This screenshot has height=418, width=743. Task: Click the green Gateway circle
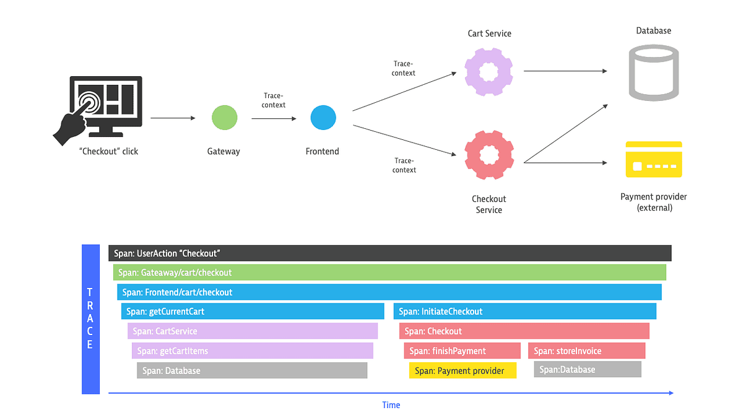point(224,118)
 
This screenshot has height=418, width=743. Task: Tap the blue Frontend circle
point(323,118)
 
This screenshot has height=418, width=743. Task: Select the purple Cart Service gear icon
point(489,71)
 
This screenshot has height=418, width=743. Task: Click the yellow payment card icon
point(654,159)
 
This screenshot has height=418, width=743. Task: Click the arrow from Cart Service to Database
point(565,71)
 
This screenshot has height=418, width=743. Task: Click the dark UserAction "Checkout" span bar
point(390,253)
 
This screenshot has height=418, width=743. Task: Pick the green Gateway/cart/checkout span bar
point(389,272)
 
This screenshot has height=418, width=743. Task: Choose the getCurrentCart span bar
point(253,311)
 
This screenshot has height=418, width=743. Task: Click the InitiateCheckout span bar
point(525,311)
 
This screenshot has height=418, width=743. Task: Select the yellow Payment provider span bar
point(463,371)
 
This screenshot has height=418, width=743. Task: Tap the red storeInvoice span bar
point(586,351)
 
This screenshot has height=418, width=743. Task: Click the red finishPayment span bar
point(462,351)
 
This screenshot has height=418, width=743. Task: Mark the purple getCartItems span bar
point(253,351)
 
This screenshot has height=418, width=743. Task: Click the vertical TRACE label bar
point(90,319)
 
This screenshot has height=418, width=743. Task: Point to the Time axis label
point(391,405)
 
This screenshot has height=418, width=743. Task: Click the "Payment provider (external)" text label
point(654,202)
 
